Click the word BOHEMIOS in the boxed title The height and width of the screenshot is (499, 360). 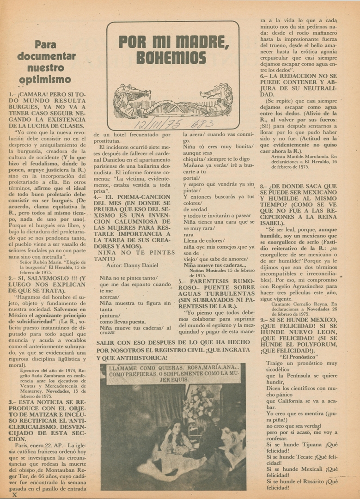tap(171, 58)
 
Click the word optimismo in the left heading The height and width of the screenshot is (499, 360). tap(46, 79)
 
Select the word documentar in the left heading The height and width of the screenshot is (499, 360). tap(46, 56)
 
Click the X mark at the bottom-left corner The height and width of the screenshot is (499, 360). tap(14, 494)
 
